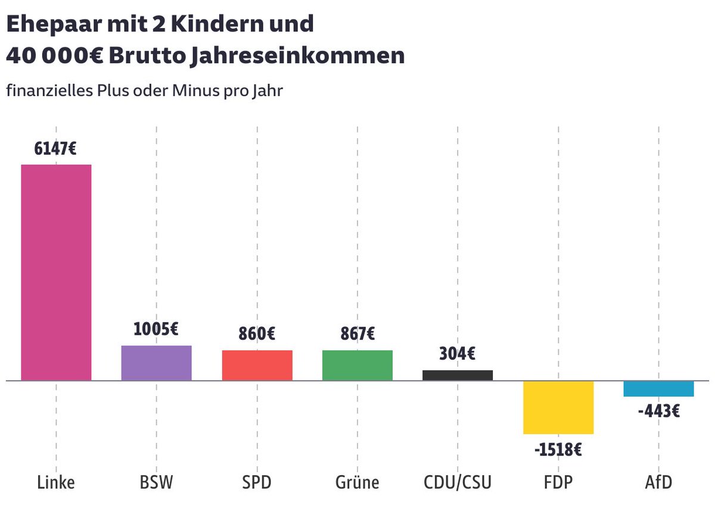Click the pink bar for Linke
click(x=56, y=272)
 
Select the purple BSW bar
click(x=156, y=363)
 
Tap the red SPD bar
click(x=257, y=365)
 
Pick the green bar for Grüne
click(x=357, y=365)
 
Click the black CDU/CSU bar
click(x=458, y=375)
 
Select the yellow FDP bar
click(x=558, y=407)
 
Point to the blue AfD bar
click(x=658, y=388)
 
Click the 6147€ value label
click(x=55, y=148)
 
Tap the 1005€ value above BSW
click(x=156, y=329)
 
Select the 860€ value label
click(x=257, y=334)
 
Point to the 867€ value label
click(x=357, y=334)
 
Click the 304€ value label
click(x=458, y=354)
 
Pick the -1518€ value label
click(x=558, y=449)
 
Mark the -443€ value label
click(x=658, y=412)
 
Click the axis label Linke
click(x=55, y=482)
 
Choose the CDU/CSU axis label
click(x=458, y=482)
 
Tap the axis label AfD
click(x=658, y=482)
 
